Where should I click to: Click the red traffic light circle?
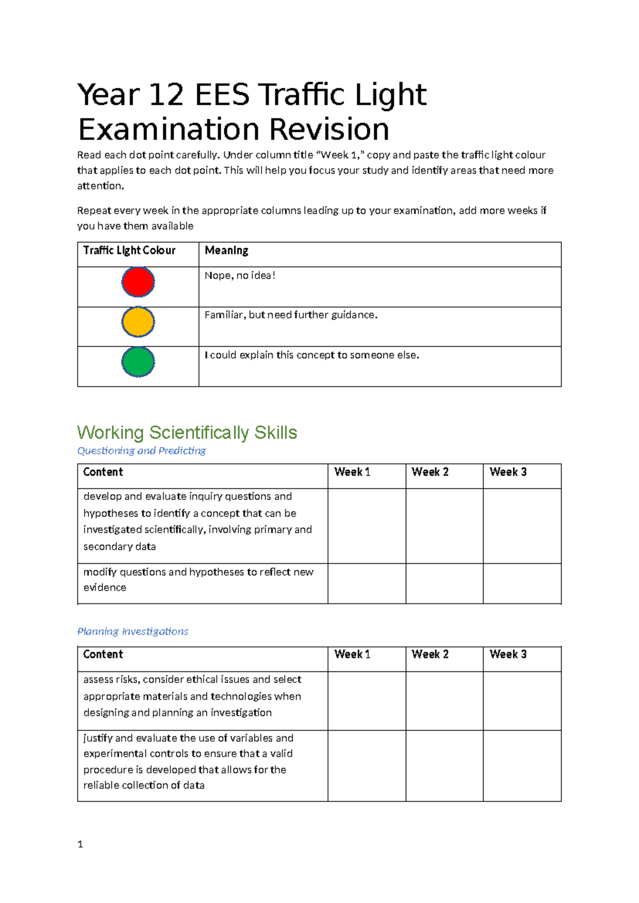[x=138, y=282]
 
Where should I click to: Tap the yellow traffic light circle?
[x=138, y=322]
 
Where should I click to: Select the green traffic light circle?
[x=138, y=362]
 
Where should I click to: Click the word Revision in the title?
[x=329, y=129]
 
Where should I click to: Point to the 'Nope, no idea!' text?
[x=240, y=275]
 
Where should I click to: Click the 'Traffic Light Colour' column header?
[x=129, y=250]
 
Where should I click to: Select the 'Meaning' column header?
[x=226, y=250]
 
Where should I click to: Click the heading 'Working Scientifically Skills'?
[x=187, y=432]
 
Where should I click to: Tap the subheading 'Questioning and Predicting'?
[x=142, y=450]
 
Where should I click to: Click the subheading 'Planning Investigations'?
[x=133, y=631]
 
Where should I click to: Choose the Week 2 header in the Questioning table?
[x=430, y=472]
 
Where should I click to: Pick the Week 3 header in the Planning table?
[x=508, y=654]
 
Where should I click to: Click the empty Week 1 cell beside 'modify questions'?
[x=366, y=584]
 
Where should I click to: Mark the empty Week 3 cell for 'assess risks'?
[x=522, y=701]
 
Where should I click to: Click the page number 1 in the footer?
[x=80, y=844]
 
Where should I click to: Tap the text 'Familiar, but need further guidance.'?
[x=291, y=315]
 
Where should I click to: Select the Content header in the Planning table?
[x=103, y=654]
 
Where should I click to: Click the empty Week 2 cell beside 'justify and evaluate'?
[x=444, y=766]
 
